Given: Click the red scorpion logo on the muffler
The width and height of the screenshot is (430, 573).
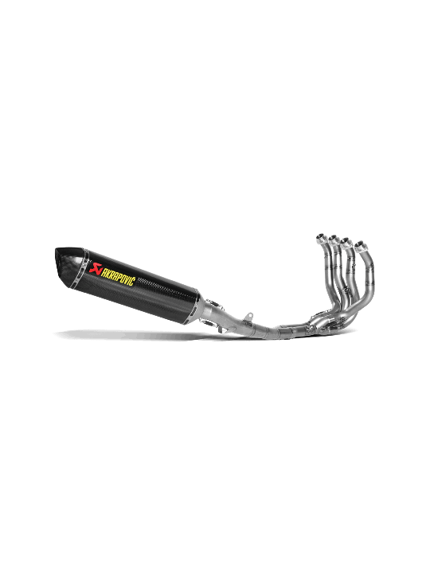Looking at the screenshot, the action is click(x=95, y=268).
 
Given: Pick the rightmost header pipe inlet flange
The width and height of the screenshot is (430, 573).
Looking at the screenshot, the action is click(x=359, y=246).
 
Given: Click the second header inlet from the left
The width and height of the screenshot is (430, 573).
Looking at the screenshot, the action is click(x=333, y=240).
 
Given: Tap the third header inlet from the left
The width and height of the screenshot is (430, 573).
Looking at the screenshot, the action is click(x=345, y=242).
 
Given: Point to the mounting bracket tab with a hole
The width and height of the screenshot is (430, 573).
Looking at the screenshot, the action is click(x=249, y=316).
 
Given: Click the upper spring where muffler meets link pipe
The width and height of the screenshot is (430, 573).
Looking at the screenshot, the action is click(x=214, y=303).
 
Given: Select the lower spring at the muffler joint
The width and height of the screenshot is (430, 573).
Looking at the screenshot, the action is click(x=210, y=322).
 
